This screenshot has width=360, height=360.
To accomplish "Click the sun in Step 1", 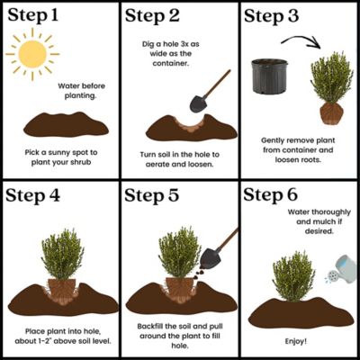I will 33,56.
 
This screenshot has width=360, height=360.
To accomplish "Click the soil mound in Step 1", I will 59,123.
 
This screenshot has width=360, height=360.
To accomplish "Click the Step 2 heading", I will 158,17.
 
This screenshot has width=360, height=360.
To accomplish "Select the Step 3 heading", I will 278,17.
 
